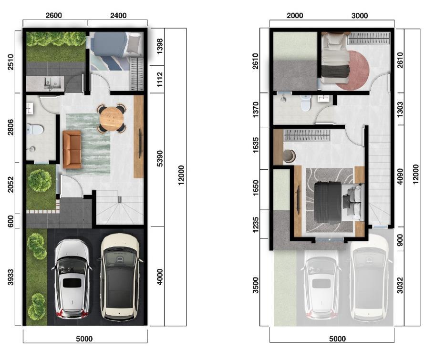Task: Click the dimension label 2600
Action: [x=53, y=15]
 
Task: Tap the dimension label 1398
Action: [x=160, y=46]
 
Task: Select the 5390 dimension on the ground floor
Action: [x=160, y=159]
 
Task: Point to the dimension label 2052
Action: [x=10, y=185]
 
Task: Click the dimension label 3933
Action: [x=10, y=277]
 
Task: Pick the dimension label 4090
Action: [x=400, y=176]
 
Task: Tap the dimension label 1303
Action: [x=400, y=109]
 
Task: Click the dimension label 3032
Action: [x=400, y=285]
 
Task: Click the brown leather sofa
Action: [x=72, y=149]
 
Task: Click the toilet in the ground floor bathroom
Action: [x=35, y=129]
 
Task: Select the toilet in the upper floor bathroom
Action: [x=306, y=103]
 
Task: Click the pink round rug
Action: [x=354, y=71]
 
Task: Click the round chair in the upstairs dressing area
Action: [x=289, y=155]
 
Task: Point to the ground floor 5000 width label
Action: [x=84, y=339]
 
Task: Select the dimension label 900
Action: [x=400, y=240]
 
